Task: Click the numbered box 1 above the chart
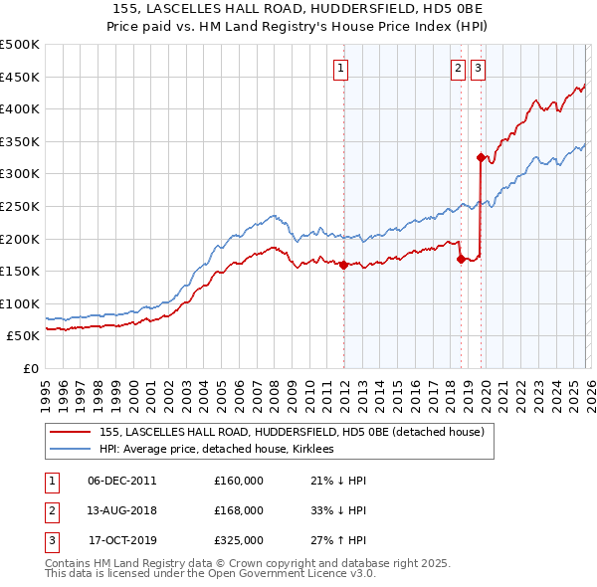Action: coord(340,69)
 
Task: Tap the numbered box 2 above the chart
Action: coord(457,69)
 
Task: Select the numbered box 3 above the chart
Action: coord(479,69)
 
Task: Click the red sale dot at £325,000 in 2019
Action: coord(481,157)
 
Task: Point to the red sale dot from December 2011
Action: coord(343,265)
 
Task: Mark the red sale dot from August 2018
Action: coord(461,260)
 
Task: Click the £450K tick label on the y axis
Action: coord(20,77)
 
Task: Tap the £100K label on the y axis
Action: coord(20,303)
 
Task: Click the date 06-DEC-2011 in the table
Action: coord(121,481)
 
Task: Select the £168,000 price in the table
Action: coord(239,510)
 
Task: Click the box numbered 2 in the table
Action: coord(51,510)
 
